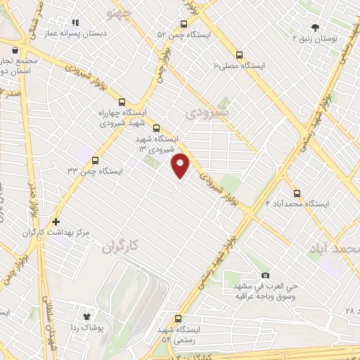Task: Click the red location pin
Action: click(181, 165)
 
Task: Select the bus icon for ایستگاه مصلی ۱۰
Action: click(240, 53)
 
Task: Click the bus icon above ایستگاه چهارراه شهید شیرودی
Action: click(123, 101)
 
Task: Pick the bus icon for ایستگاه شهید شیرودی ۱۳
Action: click(156, 128)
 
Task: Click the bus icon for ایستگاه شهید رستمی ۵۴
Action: click(178, 319)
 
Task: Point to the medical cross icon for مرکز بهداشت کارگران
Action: click(56, 221)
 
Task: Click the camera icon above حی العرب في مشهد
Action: click(265, 275)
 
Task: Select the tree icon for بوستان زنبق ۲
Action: click(314, 26)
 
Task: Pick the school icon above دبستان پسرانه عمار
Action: click(75, 22)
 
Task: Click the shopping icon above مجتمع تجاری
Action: click(15, 50)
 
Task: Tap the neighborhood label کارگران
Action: click(117, 247)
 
